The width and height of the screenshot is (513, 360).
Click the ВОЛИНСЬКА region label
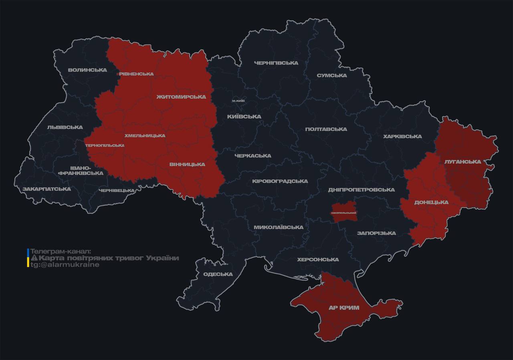[x=87, y=70]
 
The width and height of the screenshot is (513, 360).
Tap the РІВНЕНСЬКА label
[x=136, y=74]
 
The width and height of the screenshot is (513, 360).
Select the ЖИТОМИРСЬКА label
[x=181, y=97]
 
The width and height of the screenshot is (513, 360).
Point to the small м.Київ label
[x=238, y=101]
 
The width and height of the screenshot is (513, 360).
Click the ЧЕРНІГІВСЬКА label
[x=276, y=63]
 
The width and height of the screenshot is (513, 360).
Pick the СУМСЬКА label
[x=331, y=75]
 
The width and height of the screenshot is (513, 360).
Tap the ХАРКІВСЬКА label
[x=402, y=136]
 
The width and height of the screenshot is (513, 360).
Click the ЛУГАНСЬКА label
[x=463, y=162]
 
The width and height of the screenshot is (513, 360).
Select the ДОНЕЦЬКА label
[x=431, y=202]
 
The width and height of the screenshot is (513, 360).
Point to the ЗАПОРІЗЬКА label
[x=376, y=233]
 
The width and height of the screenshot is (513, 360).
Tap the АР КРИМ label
[x=344, y=307]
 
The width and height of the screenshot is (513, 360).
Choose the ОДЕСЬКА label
[x=218, y=274]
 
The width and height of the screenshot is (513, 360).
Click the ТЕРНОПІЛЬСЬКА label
[x=105, y=146]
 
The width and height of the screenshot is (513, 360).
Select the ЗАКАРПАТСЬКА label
[x=46, y=189]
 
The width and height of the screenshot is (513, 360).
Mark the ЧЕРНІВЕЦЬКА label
[x=117, y=190]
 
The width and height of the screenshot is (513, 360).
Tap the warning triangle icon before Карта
[x=34, y=258]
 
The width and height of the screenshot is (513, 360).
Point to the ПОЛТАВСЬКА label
[x=326, y=129]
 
